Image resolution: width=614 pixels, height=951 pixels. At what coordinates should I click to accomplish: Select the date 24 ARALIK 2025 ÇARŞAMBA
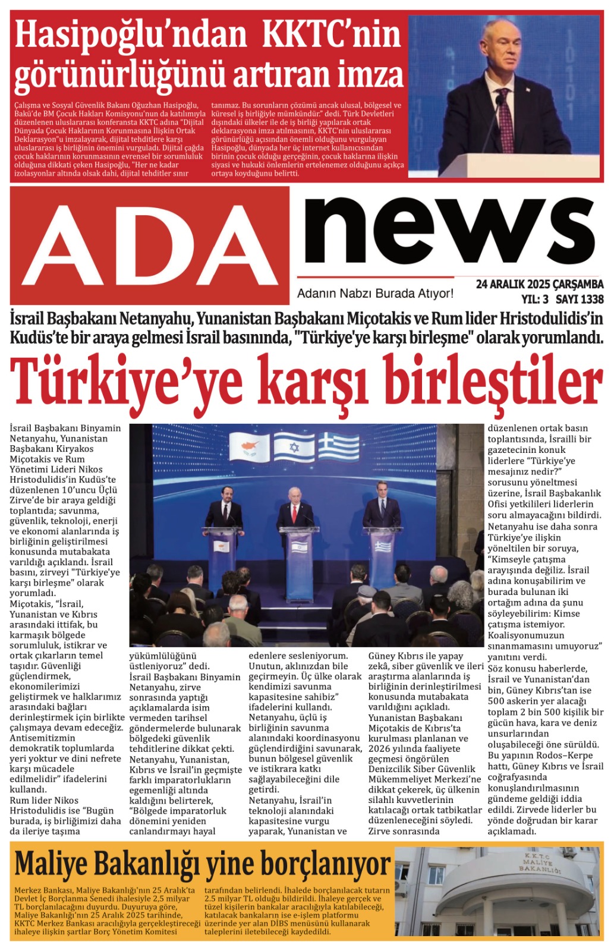click(x=539, y=284)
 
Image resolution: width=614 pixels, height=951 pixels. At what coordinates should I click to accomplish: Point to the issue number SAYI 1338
click(x=579, y=299)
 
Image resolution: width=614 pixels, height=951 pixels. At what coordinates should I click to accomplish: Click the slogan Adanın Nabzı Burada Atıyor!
click(x=375, y=293)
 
